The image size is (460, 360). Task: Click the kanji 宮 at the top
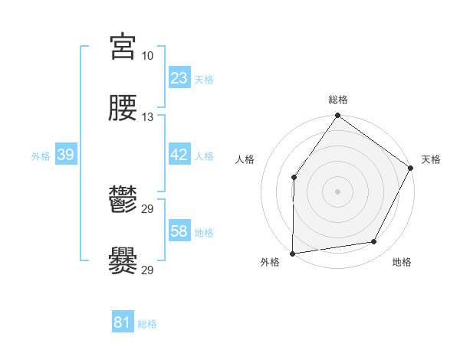(123, 47)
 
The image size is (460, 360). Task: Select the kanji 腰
(123, 109)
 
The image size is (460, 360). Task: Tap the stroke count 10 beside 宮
(148, 56)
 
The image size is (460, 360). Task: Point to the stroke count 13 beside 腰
(148, 117)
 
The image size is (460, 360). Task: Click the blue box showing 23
(179, 78)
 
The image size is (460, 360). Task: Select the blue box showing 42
(179, 155)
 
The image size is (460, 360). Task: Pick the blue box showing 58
(179, 231)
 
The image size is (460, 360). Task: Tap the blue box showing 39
(66, 155)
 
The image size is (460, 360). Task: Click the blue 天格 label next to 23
(204, 79)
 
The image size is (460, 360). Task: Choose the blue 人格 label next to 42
(204, 155)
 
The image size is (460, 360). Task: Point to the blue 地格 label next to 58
(204, 232)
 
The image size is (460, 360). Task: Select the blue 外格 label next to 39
(41, 155)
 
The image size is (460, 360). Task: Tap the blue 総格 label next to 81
(147, 323)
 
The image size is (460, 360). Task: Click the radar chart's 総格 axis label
(338, 100)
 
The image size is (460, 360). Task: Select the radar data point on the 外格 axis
(293, 253)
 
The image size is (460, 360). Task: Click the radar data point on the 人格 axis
(294, 178)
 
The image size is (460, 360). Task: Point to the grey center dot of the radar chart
(338, 191)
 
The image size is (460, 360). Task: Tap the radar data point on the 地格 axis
(374, 241)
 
